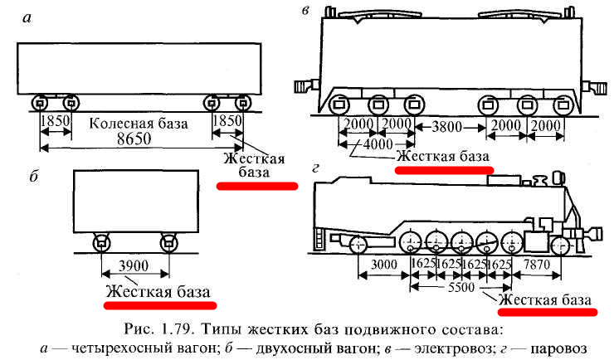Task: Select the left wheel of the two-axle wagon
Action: pos(101,243)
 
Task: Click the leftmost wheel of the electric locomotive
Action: pos(339,105)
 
